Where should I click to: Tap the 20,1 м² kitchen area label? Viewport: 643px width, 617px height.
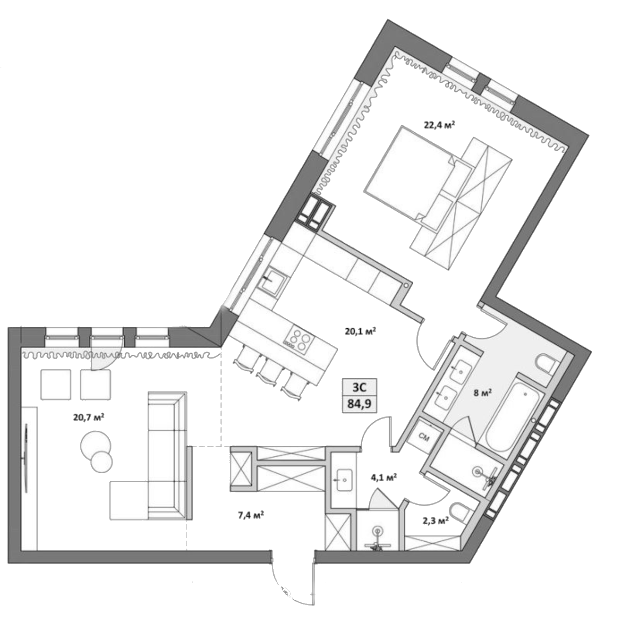click(360, 331)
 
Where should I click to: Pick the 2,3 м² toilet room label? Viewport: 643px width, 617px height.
click(435, 521)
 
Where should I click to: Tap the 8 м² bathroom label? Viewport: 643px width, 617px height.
click(482, 393)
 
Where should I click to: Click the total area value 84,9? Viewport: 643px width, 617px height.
click(359, 405)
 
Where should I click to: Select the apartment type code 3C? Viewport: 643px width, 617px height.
click(359, 387)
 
